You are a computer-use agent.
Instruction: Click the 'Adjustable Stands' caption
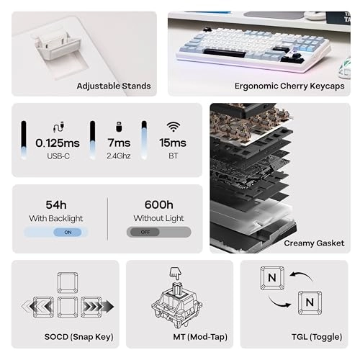(x=114, y=86)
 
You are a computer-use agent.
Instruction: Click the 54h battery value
(x=55, y=204)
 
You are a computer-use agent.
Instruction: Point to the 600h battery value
(x=158, y=204)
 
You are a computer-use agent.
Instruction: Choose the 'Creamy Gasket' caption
(x=313, y=243)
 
